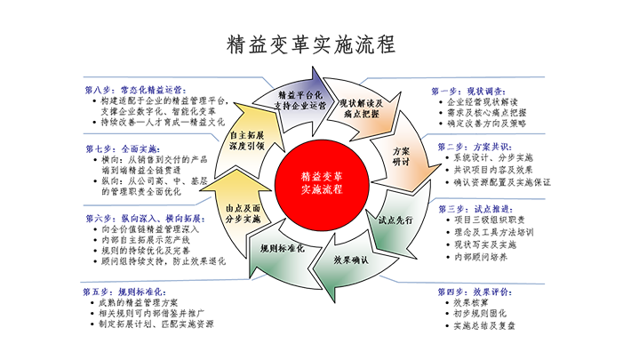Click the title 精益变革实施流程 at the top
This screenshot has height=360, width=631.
point(312,44)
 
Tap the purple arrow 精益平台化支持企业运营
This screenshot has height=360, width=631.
point(296,98)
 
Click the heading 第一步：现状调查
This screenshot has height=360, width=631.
point(461,91)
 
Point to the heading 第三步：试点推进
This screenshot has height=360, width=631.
point(466,207)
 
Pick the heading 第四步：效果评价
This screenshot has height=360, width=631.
point(467,291)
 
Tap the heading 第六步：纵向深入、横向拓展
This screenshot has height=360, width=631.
point(139,217)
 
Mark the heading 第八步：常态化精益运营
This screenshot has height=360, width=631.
point(134,90)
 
